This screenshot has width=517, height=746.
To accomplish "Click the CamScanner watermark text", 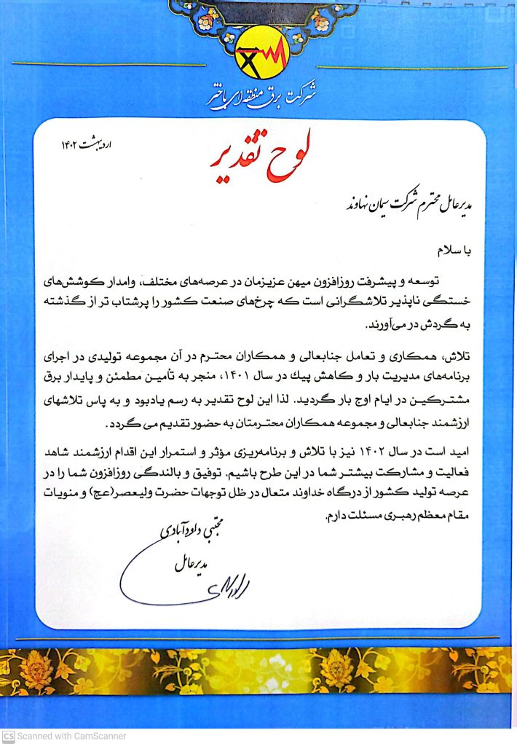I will [69, 737].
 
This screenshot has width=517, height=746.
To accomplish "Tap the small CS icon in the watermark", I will [8, 737].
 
